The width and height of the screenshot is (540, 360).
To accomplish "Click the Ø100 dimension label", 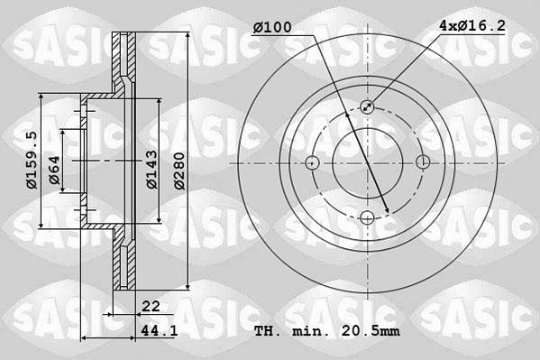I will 272,28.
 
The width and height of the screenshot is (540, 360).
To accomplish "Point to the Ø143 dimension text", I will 152,168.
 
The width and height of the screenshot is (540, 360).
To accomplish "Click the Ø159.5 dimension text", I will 32,160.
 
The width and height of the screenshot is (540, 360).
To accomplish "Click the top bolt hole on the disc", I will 368,107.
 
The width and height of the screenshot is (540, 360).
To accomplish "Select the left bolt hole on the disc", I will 313,162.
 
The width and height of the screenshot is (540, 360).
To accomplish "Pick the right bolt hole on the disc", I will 423,162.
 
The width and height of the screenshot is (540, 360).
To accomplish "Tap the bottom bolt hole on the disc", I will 368,217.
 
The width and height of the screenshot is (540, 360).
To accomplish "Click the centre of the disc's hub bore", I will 368,162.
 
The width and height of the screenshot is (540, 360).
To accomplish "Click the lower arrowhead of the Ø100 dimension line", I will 387,212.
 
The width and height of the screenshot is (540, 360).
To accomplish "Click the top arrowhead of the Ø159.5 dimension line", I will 42,97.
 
